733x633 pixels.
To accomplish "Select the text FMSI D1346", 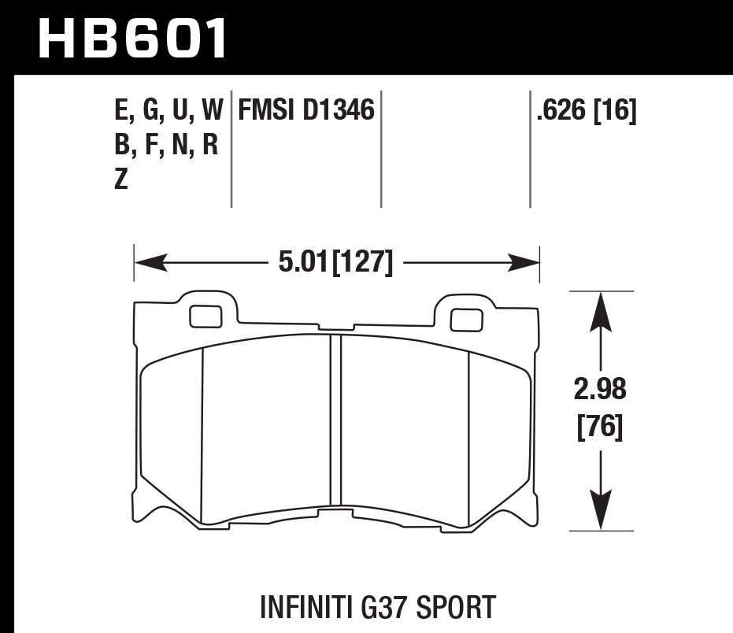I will point(306,111).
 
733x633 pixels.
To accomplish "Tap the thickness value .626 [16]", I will point(585,111).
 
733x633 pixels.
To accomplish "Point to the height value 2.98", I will point(601,390).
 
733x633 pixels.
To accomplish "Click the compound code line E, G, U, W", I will point(168,111).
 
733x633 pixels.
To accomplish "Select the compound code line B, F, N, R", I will point(166,146).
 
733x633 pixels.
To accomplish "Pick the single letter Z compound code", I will point(121,180).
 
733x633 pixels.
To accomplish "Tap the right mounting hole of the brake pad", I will point(465,319).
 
